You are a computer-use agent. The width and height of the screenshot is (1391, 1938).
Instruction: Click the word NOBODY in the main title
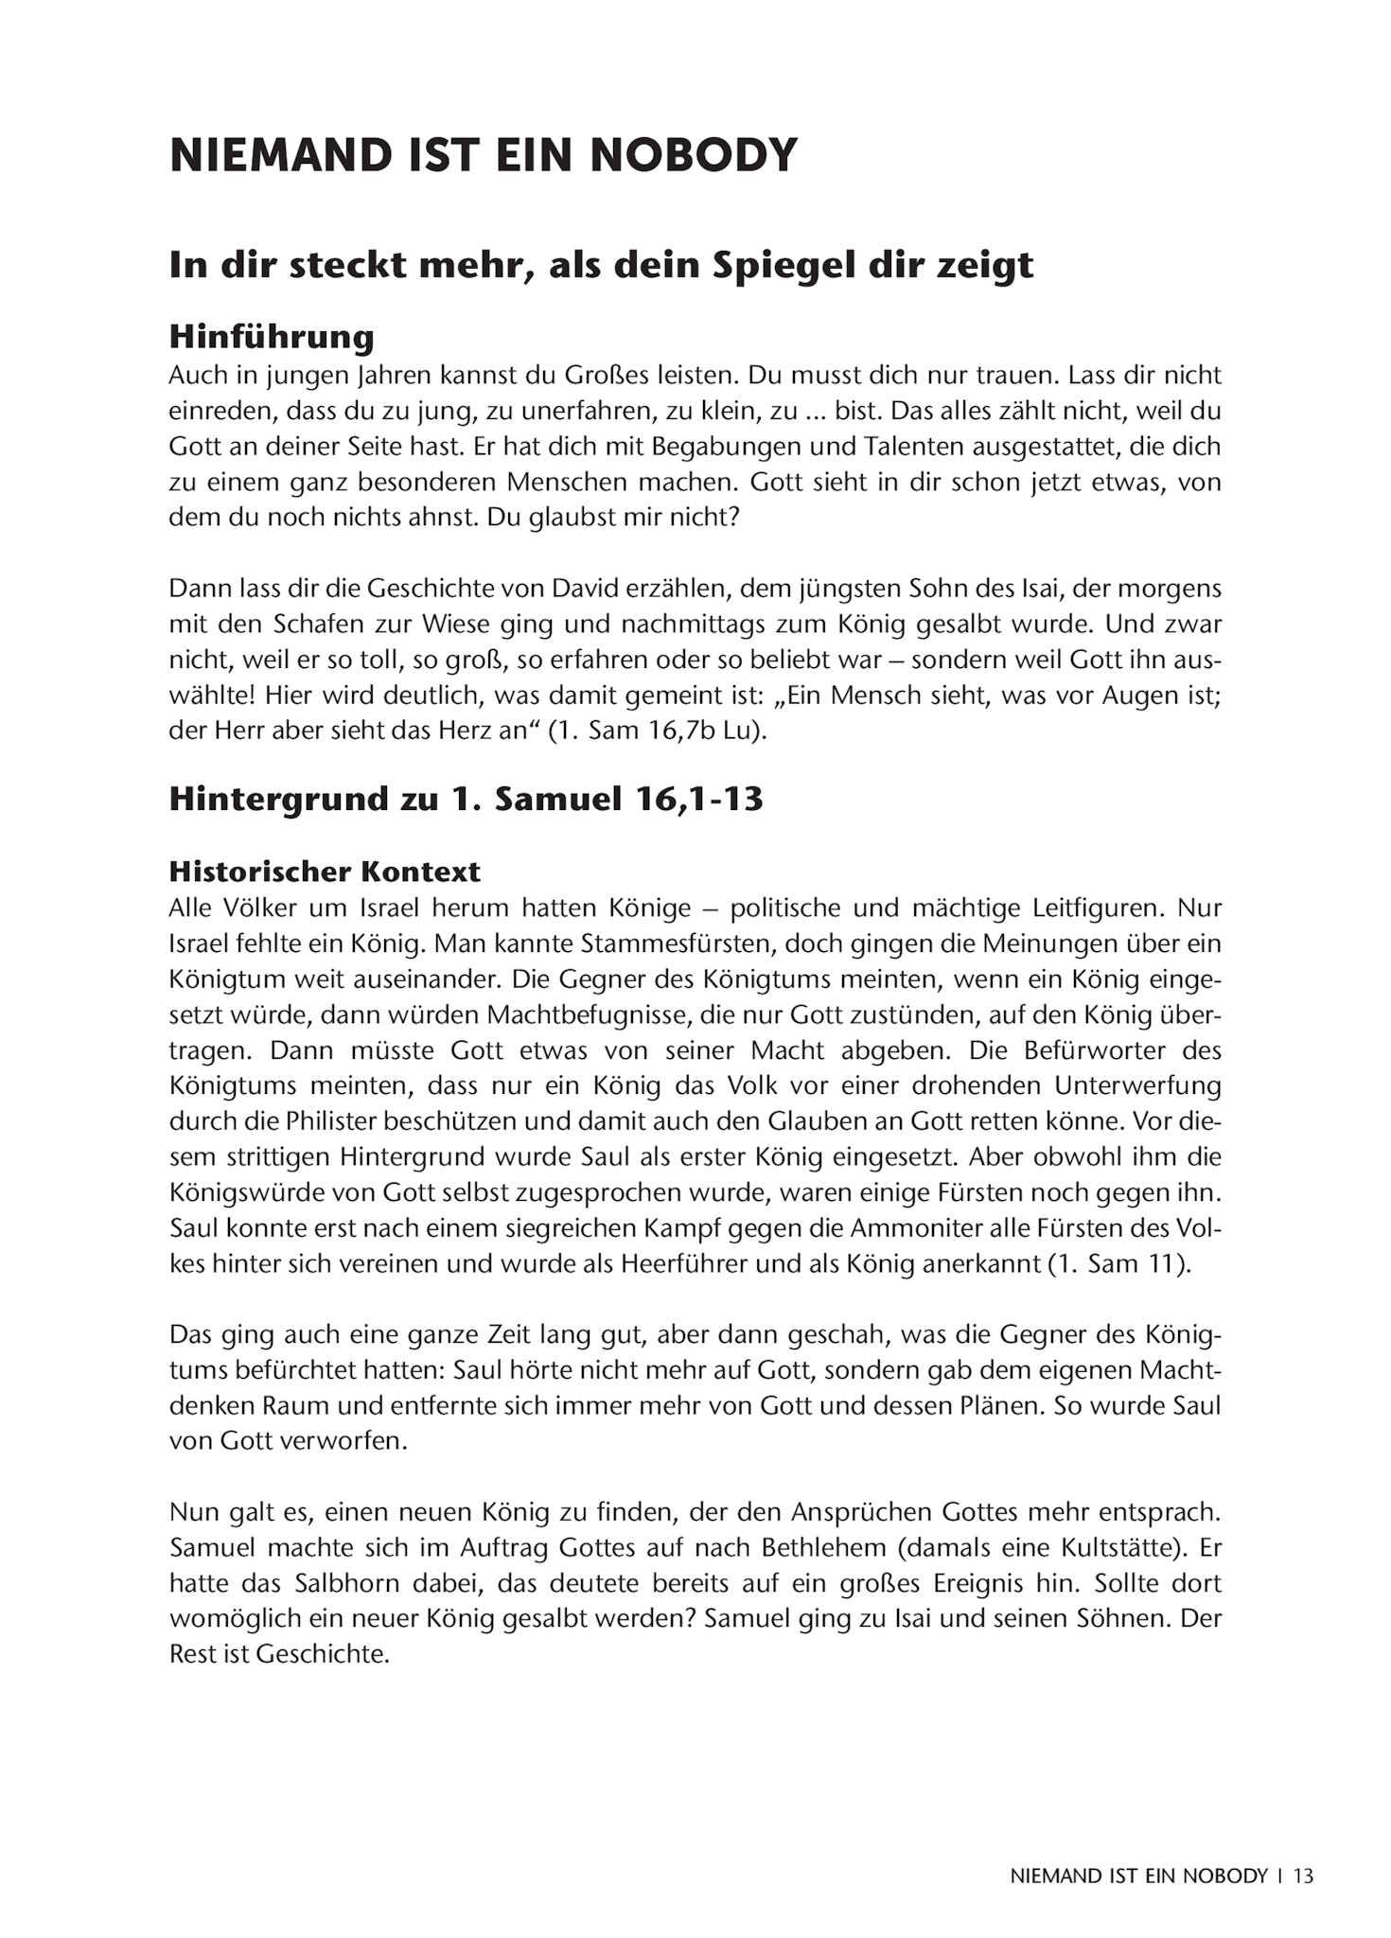[694, 155]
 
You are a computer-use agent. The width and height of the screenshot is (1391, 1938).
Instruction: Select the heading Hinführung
[272, 336]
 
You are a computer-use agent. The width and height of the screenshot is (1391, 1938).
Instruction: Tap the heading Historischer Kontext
[325, 871]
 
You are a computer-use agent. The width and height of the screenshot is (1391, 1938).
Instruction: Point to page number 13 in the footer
[1303, 1875]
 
